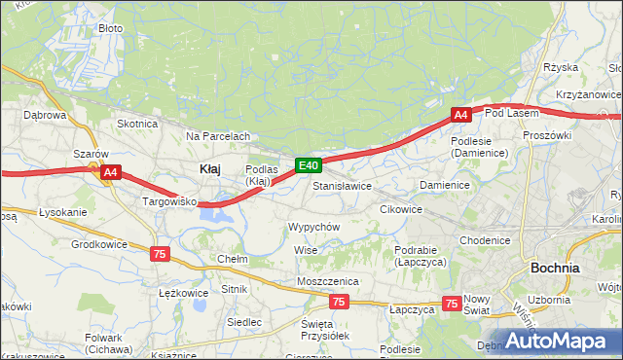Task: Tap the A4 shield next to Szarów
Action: pos(110,173)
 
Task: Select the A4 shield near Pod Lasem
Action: pos(461,115)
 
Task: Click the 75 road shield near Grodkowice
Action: pos(159,253)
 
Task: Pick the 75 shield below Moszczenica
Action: pos(338,302)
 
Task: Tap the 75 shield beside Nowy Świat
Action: pos(451,304)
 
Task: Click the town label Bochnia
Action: pos(555,267)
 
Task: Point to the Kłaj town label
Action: pos(209,168)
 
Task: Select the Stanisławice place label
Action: pos(342,185)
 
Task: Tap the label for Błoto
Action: pos(111,28)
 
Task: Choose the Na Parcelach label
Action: pos(218,136)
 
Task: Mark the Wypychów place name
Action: pos(312,226)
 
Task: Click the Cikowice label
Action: pos(400,208)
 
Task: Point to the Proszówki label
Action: pos(546,135)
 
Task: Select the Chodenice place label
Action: pos(485,240)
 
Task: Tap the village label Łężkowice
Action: pos(183,292)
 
